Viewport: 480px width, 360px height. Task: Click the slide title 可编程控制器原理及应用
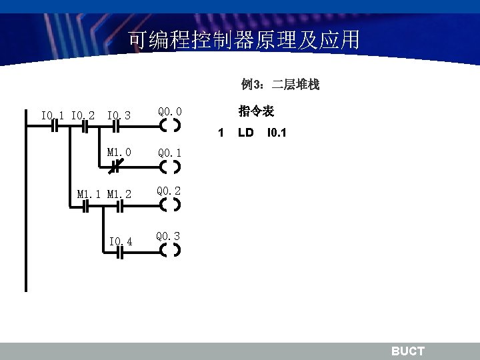[243, 41]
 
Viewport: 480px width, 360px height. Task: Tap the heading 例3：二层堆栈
[280, 85]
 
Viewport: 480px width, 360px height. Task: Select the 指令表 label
[256, 111]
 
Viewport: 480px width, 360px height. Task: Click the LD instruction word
[246, 133]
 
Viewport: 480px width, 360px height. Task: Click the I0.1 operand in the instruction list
[277, 133]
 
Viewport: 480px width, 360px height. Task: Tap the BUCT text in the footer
[407, 351]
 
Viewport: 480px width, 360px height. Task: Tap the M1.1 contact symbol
[85, 207]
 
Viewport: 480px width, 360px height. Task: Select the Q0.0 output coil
[171, 125]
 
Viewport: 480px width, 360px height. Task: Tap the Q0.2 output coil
[171, 205]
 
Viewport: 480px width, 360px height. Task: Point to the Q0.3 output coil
[171, 251]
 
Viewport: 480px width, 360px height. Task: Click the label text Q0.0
[169, 111]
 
